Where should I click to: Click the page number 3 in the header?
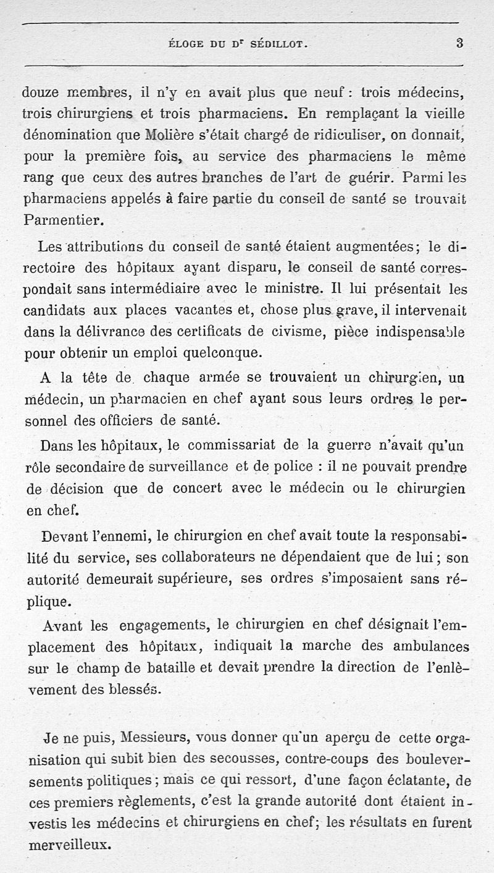coord(459,43)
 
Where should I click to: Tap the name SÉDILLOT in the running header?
coord(280,44)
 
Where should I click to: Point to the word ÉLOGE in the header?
coord(186,44)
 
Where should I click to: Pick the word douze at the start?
coord(41,93)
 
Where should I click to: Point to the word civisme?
coord(297,331)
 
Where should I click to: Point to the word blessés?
coord(135,689)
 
